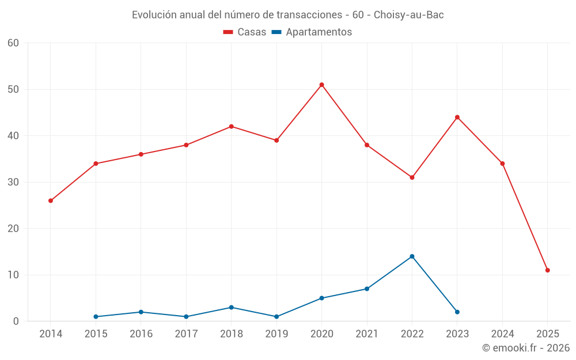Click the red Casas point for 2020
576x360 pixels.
tap(321, 85)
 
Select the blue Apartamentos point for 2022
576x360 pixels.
tap(412, 256)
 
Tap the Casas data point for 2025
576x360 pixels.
tap(547, 270)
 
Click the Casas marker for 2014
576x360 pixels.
tap(51, 200)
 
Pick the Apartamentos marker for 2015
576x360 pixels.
tap(96, 317)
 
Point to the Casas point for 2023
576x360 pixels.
tap(457, 118)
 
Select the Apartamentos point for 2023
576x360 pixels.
tap(457, 312)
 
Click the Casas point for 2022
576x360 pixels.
tap(412, 177)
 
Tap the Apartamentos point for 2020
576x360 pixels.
tap(321, 298)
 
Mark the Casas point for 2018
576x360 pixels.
tap(232, 127)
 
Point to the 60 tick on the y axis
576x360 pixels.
tap(14, 43)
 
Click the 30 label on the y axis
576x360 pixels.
tap(14, 183)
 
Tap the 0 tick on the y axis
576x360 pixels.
tap(16, 321)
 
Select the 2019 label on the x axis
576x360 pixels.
tap(276, 334)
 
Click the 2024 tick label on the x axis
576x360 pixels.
tap(502, 334)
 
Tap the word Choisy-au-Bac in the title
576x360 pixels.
tap(408, 15)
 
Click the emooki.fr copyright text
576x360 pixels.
tap(526, 348)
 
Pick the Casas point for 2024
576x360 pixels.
tap(502, 164)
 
